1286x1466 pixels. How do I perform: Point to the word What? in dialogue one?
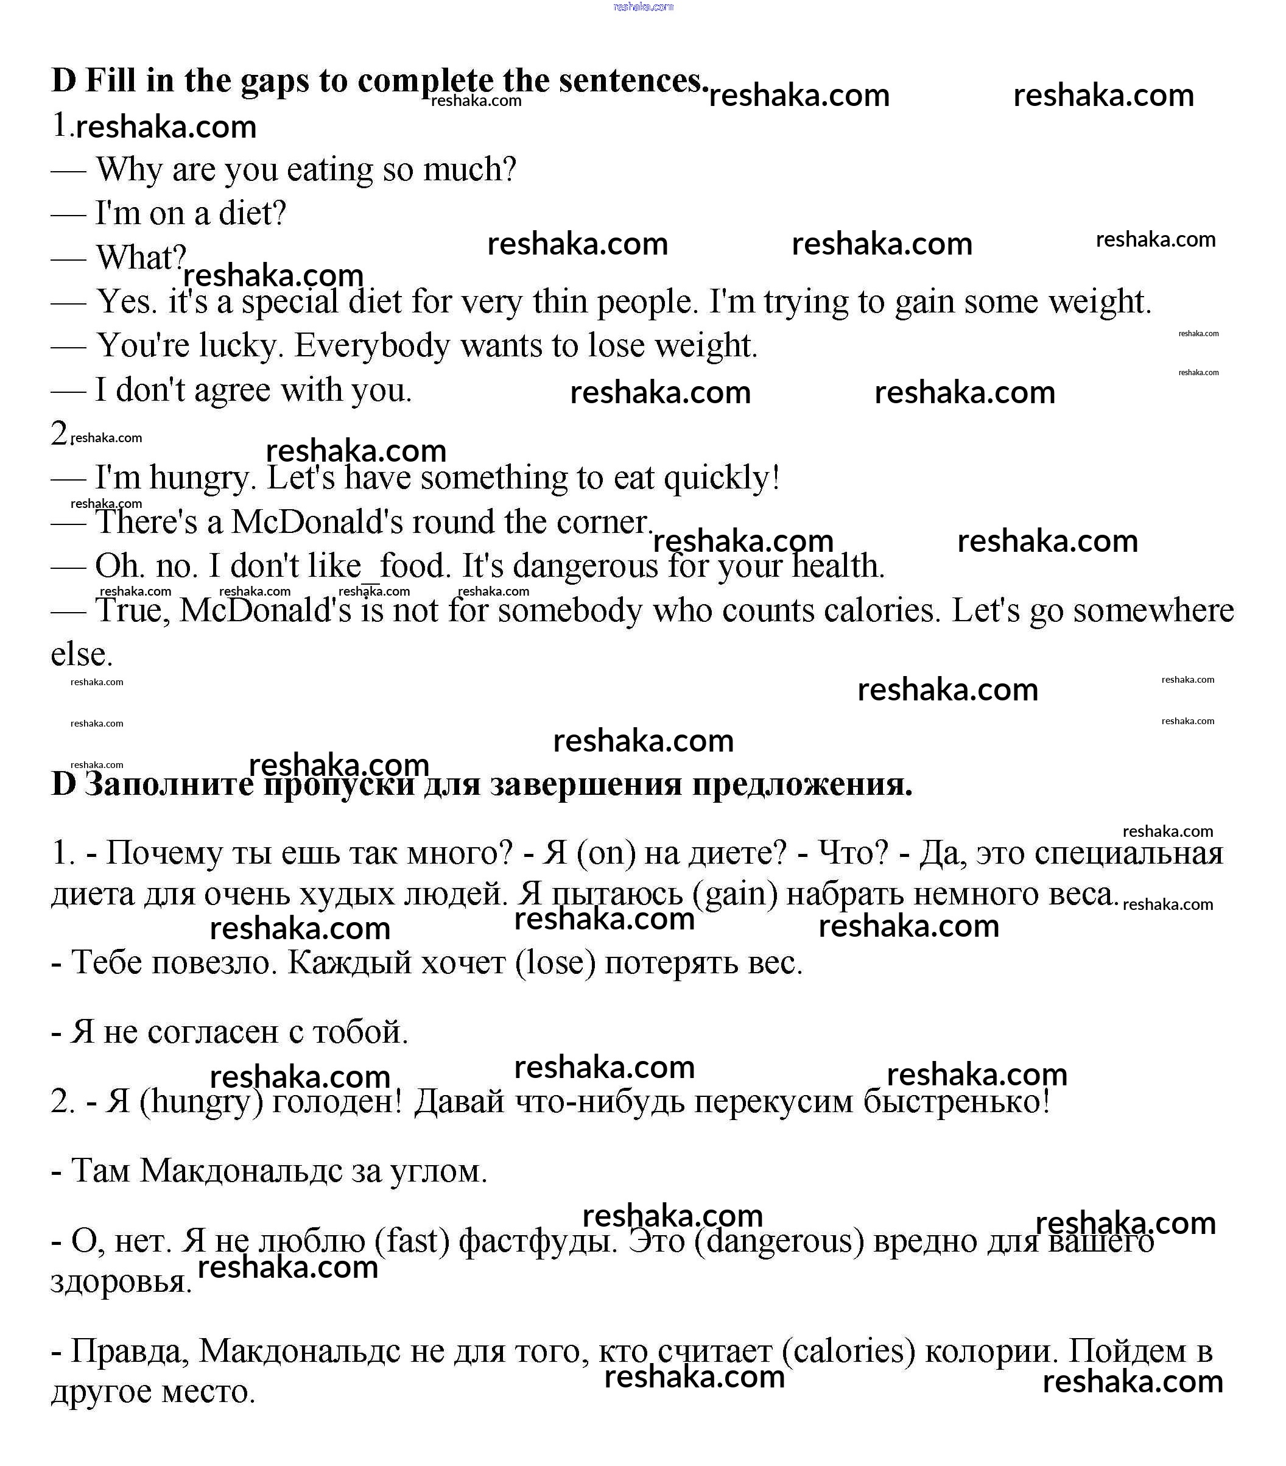[x=141, y=258]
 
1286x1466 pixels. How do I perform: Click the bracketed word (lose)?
[x=556, y=962]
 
